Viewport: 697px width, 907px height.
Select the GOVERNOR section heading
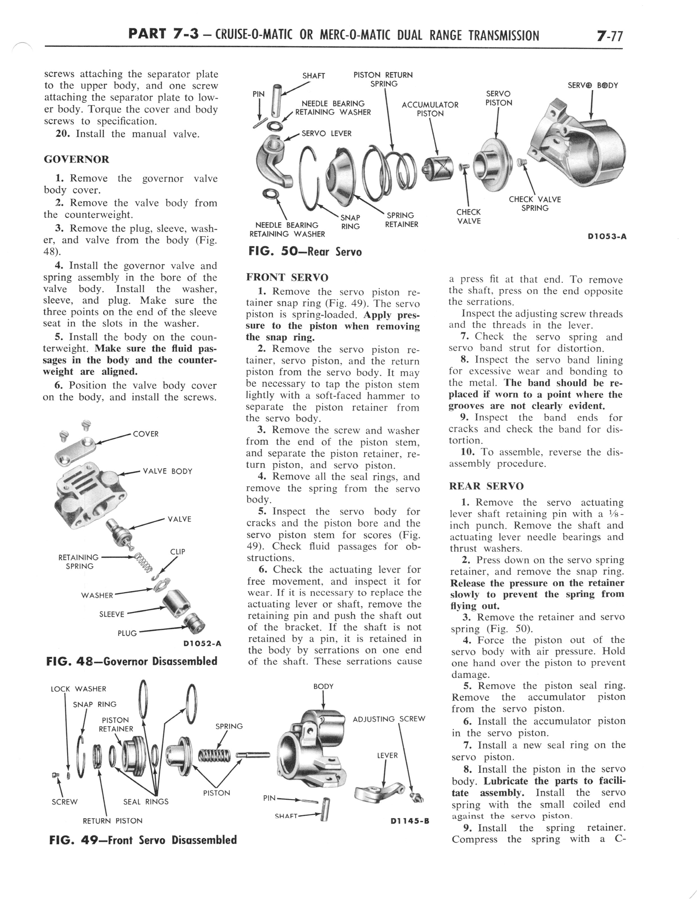tap(76, 160)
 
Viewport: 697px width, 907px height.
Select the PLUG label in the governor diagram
tap(127, 633)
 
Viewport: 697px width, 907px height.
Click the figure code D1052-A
tap(202, 644)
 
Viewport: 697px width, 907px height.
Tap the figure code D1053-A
tap(607, 237)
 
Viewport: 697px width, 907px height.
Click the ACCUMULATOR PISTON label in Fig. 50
tap(430, 109)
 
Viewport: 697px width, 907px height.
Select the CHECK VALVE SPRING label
tap(535, 204)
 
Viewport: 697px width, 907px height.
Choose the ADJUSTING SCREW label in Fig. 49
tap(389, 719)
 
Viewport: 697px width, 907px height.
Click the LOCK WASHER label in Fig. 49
tap(78, 689)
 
